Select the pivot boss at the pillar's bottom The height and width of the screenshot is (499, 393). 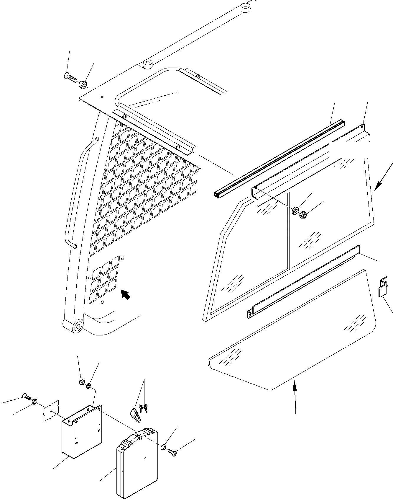click(x=78, y=327)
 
